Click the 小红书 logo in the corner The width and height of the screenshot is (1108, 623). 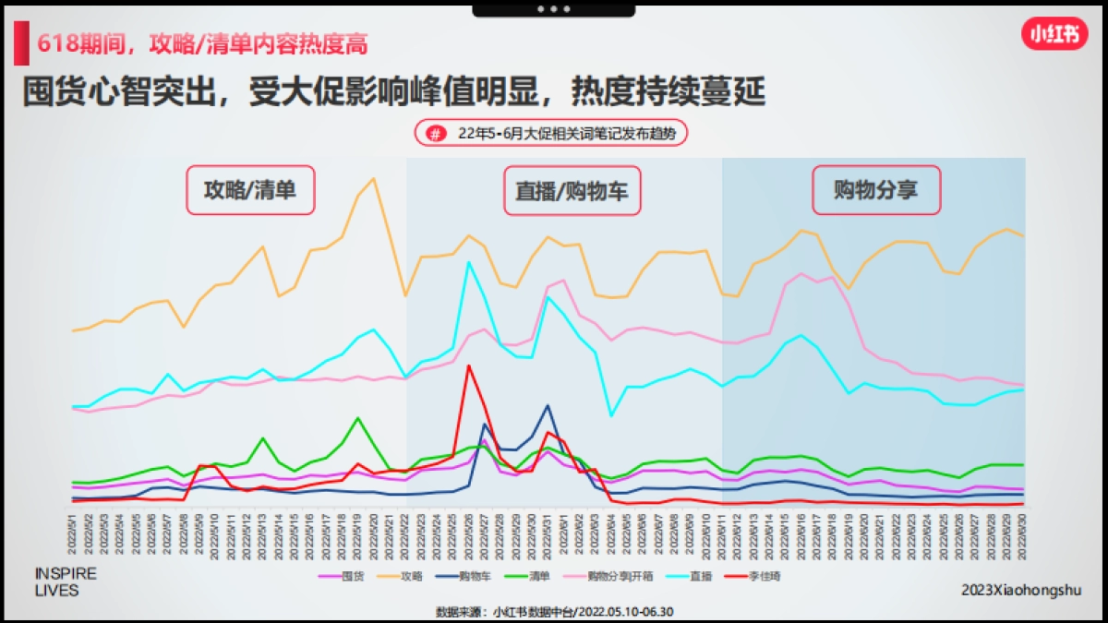coord(1054,35)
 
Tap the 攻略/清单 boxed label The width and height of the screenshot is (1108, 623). coord(250,191)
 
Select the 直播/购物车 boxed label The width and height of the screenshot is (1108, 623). coord(572,191)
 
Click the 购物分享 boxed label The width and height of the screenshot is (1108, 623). coord(875,190)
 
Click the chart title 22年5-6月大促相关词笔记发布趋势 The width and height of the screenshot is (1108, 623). coord(566,134)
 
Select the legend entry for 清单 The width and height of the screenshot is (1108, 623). coord(539,576)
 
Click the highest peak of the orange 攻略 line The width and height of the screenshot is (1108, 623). coord(373,178)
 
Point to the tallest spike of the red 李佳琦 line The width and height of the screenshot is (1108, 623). coord(469,365)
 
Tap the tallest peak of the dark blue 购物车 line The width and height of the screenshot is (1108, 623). coord(548,405)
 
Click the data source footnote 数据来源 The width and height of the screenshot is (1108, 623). coord(555,611)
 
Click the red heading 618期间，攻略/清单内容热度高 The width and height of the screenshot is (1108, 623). coord(208,42)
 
